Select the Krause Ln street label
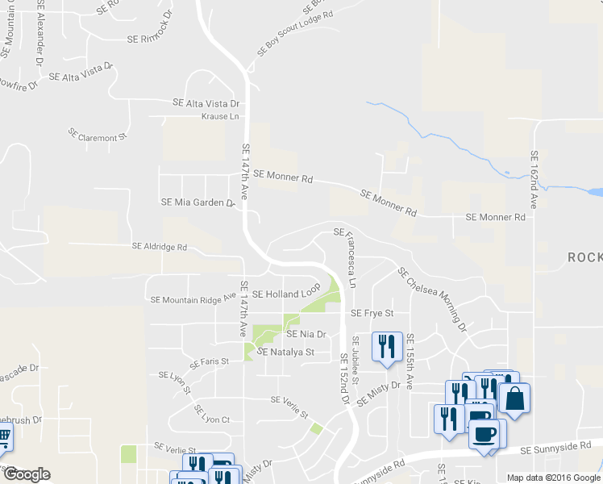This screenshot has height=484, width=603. click(x=220, y=116)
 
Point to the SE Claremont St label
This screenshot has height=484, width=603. click(x=98, y=135)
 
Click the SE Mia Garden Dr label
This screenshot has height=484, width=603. click(x=198, y=202)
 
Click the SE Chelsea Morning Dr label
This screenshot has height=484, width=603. click(x=432, y=299)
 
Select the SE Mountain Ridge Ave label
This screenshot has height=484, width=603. click(x=193, y=299)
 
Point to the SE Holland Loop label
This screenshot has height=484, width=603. click(x=286, y=294)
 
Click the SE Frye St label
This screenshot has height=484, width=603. click(x=372, y=313)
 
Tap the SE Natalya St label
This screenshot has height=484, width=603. click(x=285, y=353)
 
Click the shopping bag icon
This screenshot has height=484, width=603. click(x=514, y=398)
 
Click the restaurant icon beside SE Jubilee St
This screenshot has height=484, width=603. click(x=385, y=346)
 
